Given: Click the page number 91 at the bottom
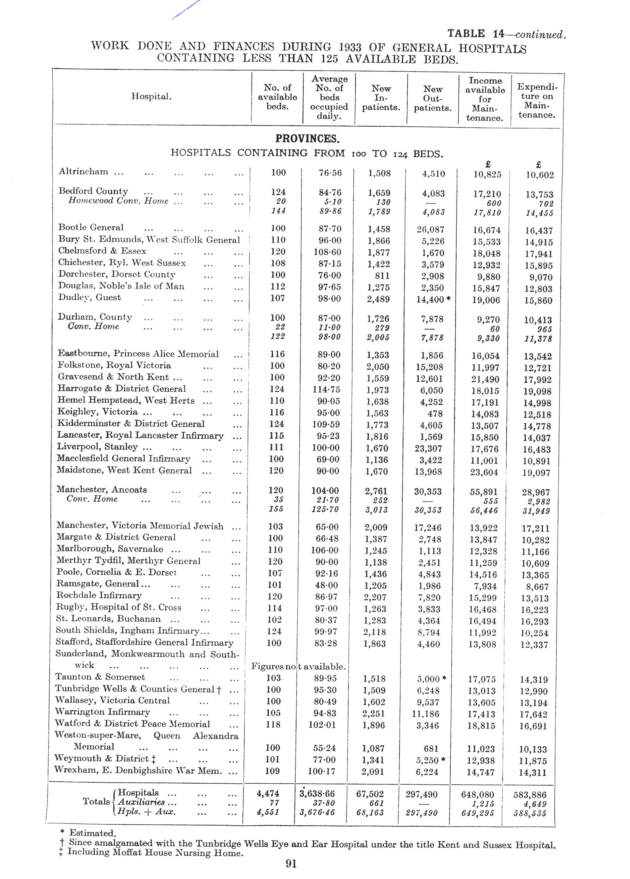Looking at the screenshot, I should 291,864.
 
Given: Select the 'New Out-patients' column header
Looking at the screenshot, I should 432,99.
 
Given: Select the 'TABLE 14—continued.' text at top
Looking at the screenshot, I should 506,34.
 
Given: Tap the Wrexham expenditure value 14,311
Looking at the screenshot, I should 533,773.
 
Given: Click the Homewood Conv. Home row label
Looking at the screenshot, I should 118,201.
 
